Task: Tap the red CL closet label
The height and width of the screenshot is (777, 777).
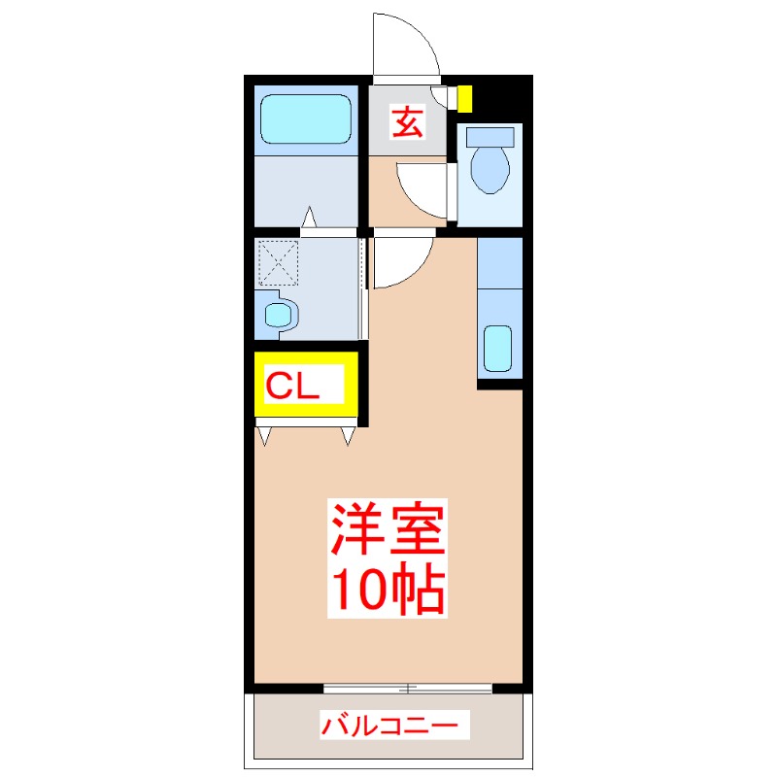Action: (293, 387)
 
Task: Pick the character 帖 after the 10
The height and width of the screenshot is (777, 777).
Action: (421, 587)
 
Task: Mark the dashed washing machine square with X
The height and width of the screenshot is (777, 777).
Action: (277, 262)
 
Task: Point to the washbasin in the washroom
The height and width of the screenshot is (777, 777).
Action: (280, 315)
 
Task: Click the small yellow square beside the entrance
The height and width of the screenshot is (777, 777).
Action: (465, 98)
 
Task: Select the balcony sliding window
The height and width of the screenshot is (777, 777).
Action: (408, 689)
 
